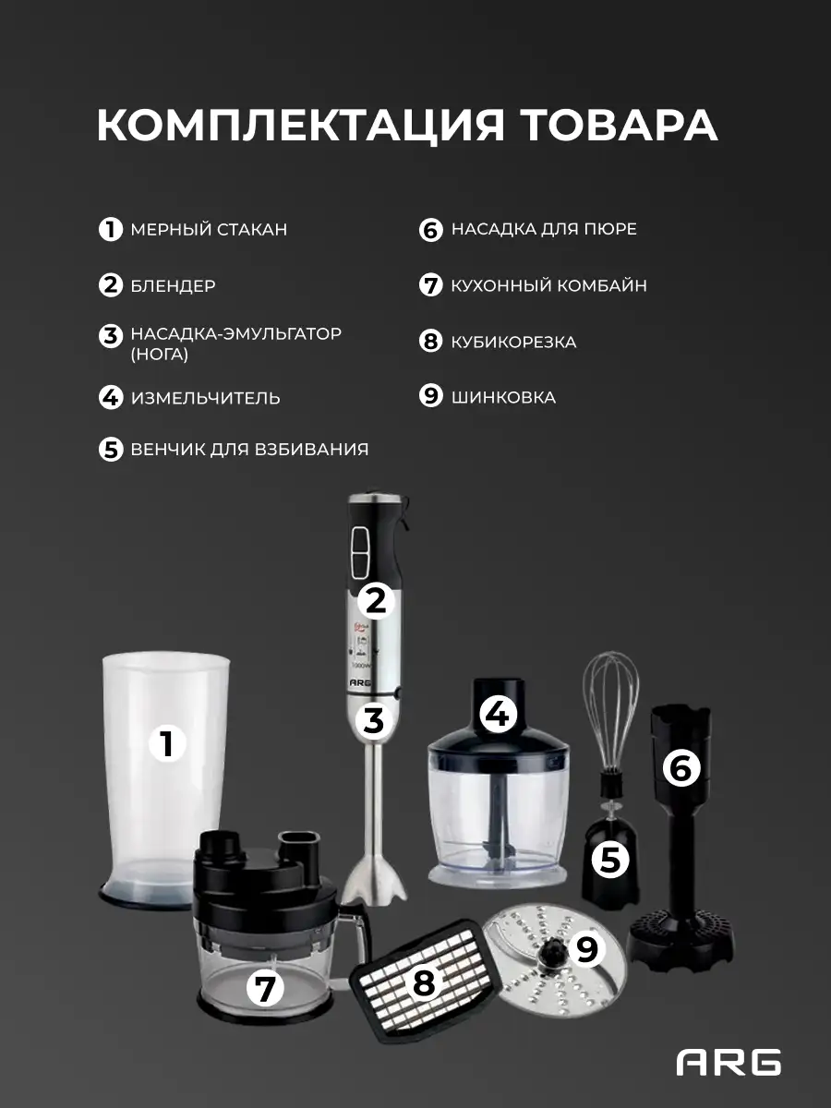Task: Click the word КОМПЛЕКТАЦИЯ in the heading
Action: [300, 126]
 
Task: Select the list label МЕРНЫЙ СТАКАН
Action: [209, 230]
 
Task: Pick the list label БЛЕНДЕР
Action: [173, 285]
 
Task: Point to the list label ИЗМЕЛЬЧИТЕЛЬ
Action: [205, 398]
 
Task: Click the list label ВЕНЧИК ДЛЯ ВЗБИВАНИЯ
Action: [249, 450]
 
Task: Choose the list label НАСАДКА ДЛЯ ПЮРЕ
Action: [544, 229]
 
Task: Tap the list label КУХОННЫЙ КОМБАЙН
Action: [549, 285]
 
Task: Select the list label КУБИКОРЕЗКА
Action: [513, 343]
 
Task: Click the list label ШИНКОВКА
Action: [503, 398]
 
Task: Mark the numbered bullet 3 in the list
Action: [111, 336]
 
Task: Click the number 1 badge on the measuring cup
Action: [167, 743]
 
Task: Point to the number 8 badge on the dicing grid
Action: [424, 982]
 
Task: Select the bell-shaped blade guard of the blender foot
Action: [375, 879]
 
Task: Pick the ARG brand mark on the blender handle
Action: [360, 682]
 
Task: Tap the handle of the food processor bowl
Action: [360, 933]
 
